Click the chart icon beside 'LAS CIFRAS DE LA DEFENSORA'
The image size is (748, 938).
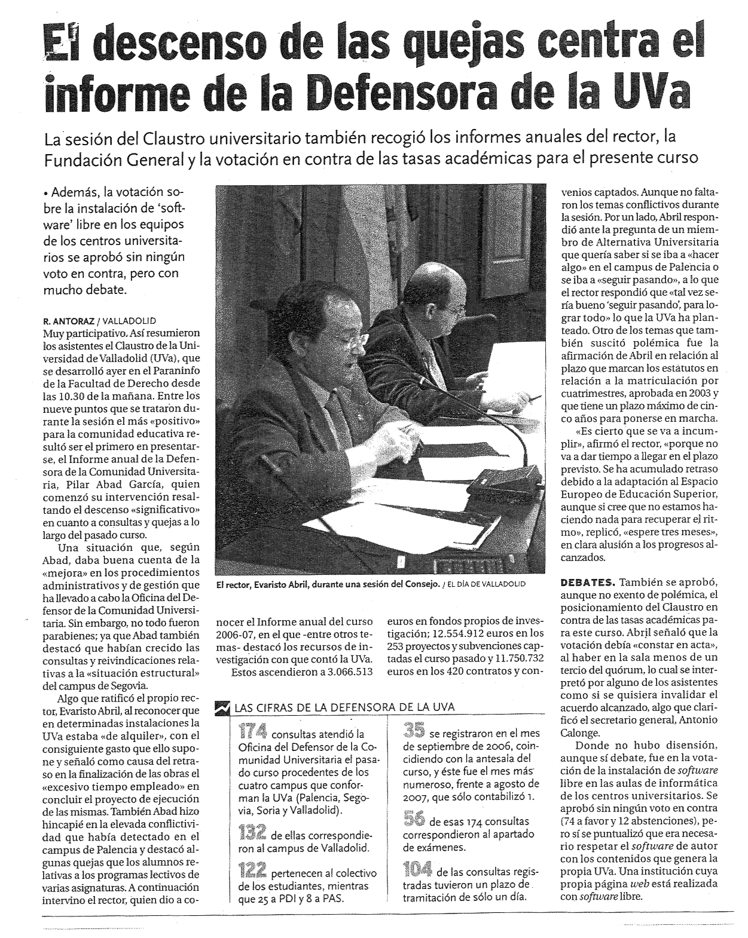(223, 707)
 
